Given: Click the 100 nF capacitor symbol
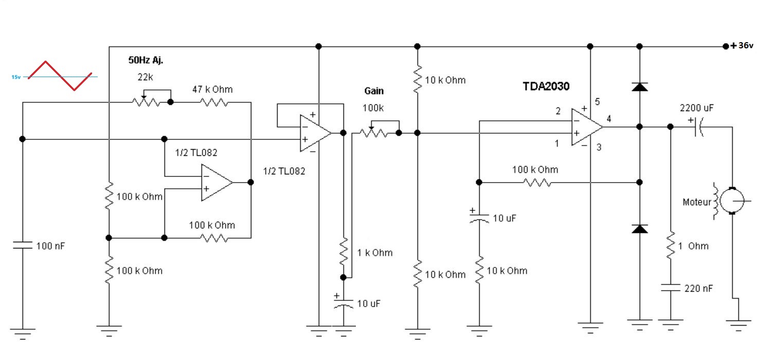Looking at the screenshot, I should pyautogui.click(x=22, y=246).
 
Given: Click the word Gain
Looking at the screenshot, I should pyautogui.click(x=374, y=91).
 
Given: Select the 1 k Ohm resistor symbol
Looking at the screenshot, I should pyautogui.click(x=344, y=252).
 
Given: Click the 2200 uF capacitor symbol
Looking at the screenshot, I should pyautogui.click(x=698, y=126).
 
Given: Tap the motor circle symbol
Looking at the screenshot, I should pyautogui.click(x=732, y=200).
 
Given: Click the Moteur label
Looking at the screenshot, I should pyautogui.click(x=696, y=202).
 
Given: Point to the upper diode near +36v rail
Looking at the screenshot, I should pyautogui.click(x=639, y=86).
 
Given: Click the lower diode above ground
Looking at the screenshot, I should pyautogui.click(x=639, y=229).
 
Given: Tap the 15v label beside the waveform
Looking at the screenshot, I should pyautogui.click(x=16, y=77).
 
